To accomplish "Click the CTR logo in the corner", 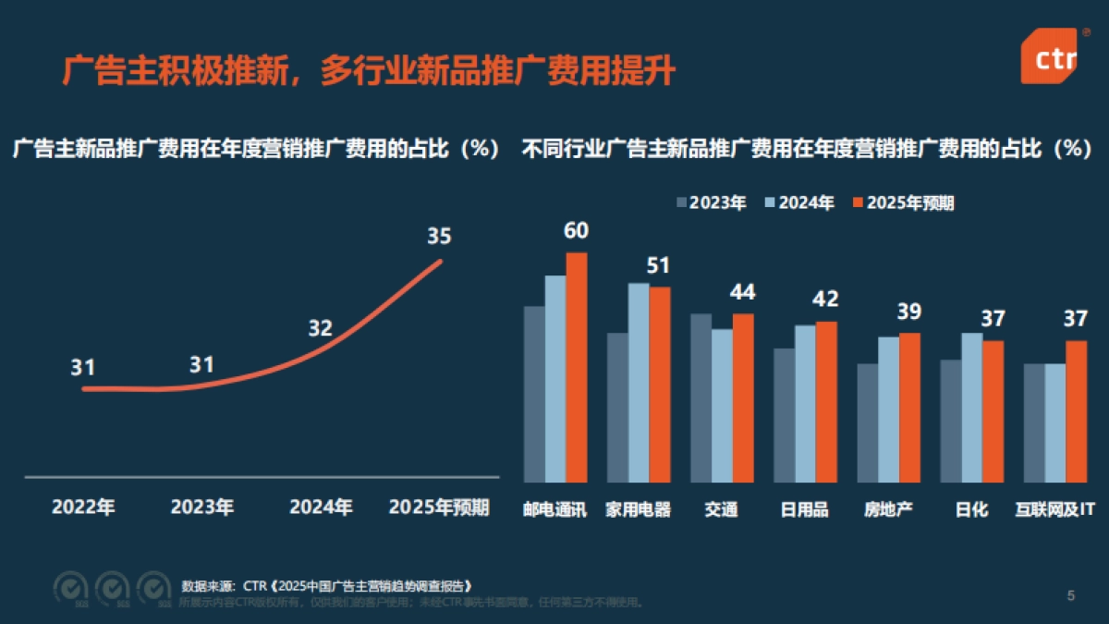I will click(1054, 55).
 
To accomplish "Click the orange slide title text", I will click(368, 70).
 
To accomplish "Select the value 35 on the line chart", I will click(439, 237).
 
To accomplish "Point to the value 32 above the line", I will click(320, 328).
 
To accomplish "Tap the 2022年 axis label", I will click(83, 508).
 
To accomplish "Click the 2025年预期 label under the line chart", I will click(439, 508).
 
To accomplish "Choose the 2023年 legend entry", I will click(712, 203).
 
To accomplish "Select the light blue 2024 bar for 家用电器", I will click(639, 383).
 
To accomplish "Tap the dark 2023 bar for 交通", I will click(701, 398).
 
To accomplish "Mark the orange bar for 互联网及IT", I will click(1076, 411).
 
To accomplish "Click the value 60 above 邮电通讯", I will click(576, 231).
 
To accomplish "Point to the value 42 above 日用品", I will click(825, 300).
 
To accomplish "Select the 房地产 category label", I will click(888, 509).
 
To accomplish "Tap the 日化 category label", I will click(971, 509).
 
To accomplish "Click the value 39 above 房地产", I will click(908, 312).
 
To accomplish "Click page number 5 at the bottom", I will click(1071, 595).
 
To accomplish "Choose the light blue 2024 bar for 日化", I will click(971, 408).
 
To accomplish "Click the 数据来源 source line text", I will click(327, 586).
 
